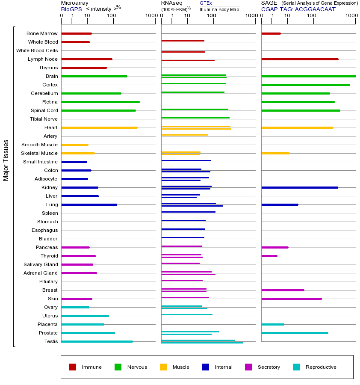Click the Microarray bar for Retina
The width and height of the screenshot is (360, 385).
100,102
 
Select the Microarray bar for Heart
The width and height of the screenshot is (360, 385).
99,127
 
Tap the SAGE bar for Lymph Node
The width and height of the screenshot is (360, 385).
299,59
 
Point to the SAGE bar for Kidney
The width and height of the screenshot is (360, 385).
299,187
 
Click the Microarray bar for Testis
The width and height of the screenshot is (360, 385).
97,341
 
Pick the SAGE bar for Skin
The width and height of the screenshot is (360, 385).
291,299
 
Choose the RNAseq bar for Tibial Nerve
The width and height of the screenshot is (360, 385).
195,118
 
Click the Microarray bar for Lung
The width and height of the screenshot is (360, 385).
89,204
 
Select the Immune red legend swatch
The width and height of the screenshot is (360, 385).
73,367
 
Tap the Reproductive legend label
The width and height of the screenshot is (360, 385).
321,367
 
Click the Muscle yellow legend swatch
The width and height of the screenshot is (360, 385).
163,367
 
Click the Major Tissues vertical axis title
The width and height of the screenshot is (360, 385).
6,160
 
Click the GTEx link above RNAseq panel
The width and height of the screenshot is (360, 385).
206,3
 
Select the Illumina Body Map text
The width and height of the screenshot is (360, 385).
219,9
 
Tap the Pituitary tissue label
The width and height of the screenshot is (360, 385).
48,281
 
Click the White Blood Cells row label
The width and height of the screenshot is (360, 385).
37,50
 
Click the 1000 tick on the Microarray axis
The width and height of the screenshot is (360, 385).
150,16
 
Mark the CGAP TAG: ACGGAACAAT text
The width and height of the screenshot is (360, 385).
298,9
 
